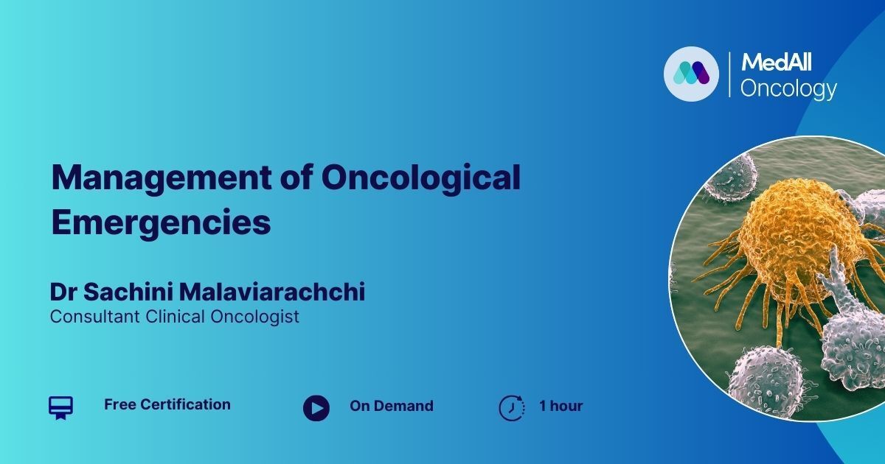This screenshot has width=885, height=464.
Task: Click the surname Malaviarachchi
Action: [272, 292]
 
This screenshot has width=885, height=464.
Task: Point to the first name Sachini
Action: [128, 292]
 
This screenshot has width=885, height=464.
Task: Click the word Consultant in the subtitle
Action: [95, 317]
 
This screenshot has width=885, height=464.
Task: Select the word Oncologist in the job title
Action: [255, 317]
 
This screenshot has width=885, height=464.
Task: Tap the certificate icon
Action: [60, 407]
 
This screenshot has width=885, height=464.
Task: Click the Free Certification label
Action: [167, 404]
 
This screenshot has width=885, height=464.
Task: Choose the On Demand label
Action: [392, 406]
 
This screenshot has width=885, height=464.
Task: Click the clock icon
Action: [512, 407]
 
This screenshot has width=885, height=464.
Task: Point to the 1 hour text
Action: [561, 406]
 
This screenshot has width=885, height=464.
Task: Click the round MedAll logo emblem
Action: [692, 74]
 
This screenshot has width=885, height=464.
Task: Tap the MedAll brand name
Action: [777, 63]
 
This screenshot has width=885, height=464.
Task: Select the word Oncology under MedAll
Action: [788, 89]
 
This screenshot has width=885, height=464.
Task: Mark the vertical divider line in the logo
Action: [729, 74]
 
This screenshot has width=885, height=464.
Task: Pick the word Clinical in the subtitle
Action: [175, 317]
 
